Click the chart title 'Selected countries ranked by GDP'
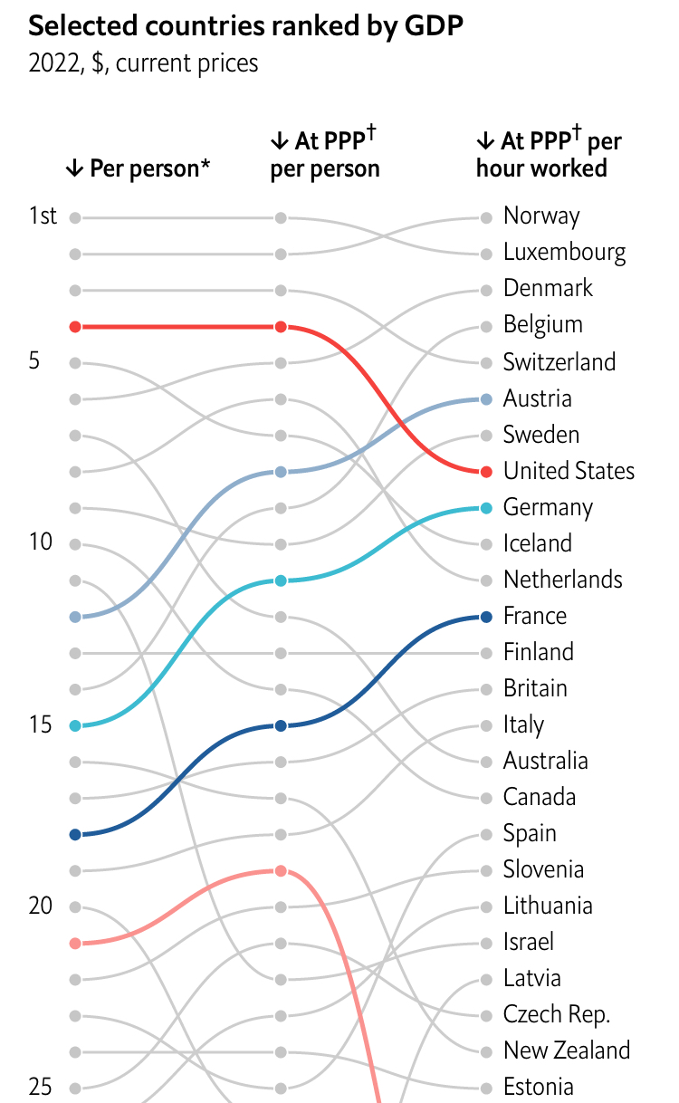(x=246, y=27)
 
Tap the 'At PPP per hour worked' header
(x=549, y=154)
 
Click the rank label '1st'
(x=43, y=216)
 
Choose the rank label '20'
(x=42, y=906)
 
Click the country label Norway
(x=541, y=216)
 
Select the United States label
(x=569, y=471)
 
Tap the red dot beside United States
(x=486, y=472)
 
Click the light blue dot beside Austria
(x=486, y=399)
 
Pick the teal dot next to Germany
(x=486, y=508)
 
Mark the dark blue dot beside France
(x=486, y=617)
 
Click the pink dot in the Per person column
(x=75, y=943)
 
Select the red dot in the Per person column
(x=75, y=326)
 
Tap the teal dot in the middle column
(x=281, y=580)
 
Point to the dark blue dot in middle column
(x=281, y=725)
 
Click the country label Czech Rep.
(x=557, y=1014)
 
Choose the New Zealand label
(x=567, y=1050)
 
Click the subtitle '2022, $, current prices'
(x=143, y=63)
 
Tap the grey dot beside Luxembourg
(x=486, y=254)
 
